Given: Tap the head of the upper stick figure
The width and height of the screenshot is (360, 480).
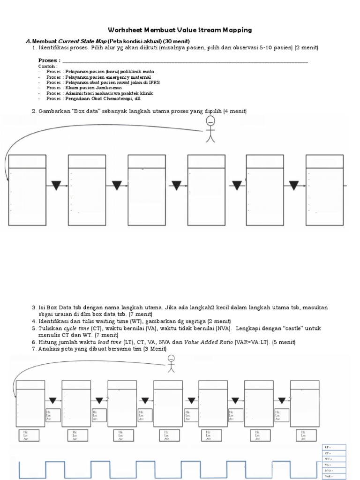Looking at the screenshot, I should click(211, 122).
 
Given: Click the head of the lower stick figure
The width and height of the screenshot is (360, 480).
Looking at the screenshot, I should click(172, 360).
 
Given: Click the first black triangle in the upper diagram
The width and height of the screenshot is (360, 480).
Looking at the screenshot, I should click(56, 186).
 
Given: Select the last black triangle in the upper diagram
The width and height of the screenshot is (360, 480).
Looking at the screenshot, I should click(293, 186).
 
